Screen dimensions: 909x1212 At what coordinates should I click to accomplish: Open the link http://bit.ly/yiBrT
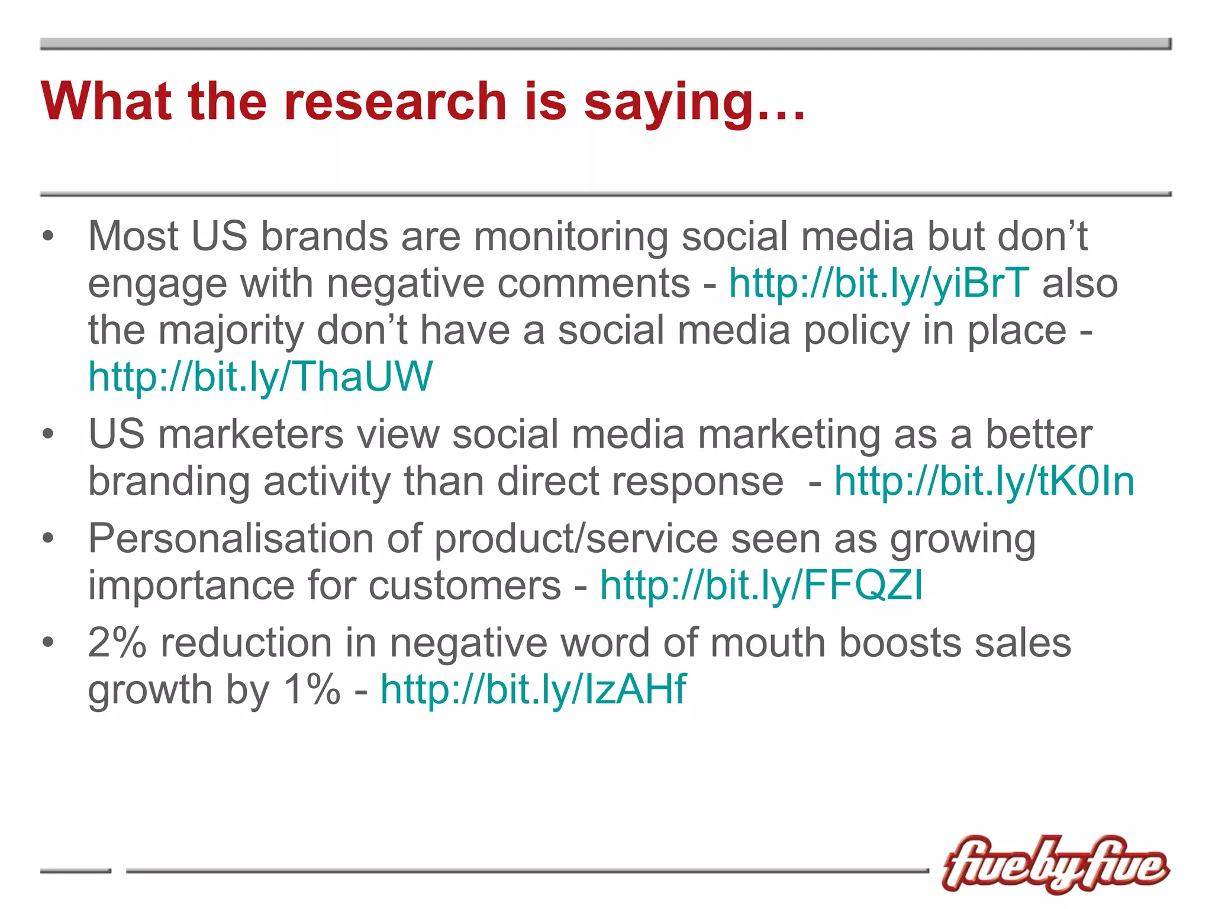tap(879, 283)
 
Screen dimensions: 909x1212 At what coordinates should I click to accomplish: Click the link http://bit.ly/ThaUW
tap(260, 377)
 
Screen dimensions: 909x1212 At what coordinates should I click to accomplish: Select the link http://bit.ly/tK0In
tap(984, 481)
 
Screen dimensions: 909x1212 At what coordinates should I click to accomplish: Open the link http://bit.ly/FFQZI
tap(762, 585)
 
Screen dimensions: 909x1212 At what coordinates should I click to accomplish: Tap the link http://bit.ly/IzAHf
tap(533, 689)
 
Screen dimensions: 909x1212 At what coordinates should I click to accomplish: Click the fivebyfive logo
tap(1055, 865)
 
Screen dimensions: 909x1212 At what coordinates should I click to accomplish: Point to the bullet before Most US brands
tap(48, 237)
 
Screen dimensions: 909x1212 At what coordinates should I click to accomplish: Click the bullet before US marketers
tap(48, 435)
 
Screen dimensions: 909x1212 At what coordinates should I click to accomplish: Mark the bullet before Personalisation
tap(48, 539)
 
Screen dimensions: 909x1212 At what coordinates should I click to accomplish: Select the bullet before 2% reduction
tap(48, 643)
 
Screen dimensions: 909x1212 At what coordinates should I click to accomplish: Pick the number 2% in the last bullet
tap(117, 643)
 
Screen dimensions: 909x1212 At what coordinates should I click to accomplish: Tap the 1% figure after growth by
tap(312, 689)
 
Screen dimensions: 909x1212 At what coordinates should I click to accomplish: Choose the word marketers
tap(251, 435)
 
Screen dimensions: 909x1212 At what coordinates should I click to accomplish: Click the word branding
tap(169, 482)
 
